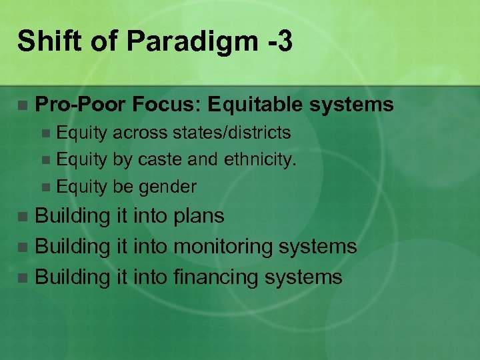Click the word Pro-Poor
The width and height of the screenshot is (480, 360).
[x=81, y=105]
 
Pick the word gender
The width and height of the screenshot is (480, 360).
[x=167, y=187]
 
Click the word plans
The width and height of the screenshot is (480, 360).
[x=198, y=216]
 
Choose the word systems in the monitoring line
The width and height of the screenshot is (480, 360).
[x=319, y=247]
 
